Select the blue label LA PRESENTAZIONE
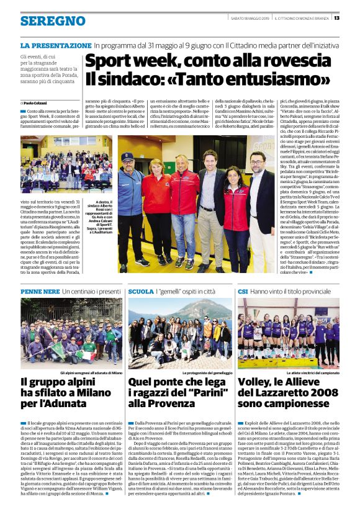pos(55,46)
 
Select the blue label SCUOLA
pos(141,291)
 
